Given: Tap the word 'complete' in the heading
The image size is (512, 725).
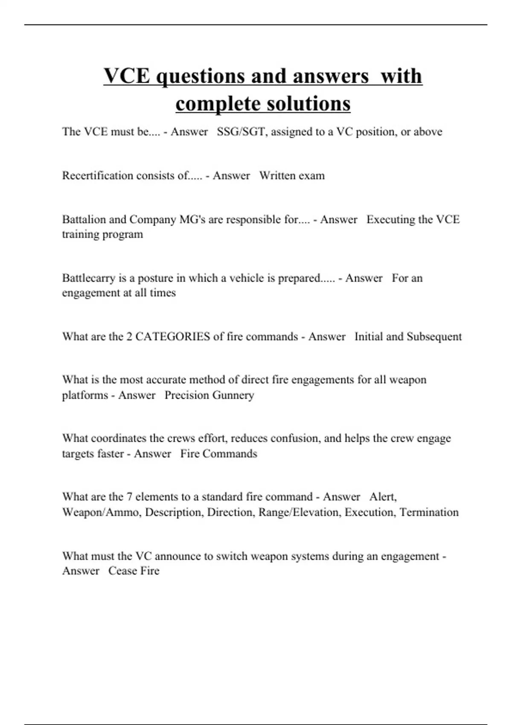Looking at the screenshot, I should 218,104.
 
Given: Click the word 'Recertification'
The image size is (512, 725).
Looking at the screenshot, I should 98,176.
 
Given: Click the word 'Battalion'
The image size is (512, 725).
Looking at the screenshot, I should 83,220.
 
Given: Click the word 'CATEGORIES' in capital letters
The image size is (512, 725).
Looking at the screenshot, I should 172,336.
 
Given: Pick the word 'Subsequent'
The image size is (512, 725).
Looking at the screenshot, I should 434,336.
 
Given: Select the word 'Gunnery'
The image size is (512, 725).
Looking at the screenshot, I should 233,395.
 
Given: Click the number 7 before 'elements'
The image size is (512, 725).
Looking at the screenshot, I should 129,497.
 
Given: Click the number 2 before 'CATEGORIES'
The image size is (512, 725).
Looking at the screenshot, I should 129,336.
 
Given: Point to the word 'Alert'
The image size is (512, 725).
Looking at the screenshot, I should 383,497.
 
